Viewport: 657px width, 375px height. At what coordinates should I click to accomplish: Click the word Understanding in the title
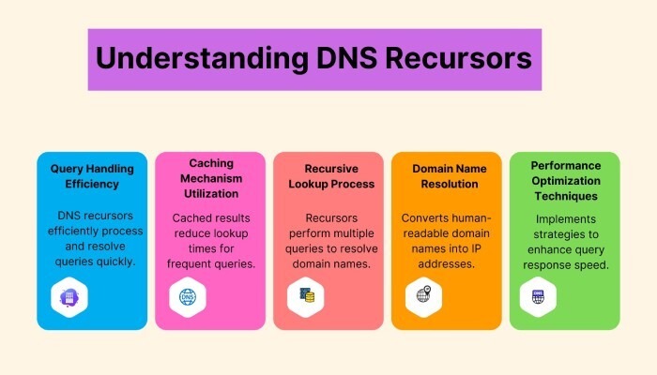tap(203, 58)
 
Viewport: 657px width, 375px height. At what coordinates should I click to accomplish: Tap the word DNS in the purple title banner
tap(347, 58)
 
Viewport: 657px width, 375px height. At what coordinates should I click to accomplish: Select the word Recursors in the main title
tap(458, 58)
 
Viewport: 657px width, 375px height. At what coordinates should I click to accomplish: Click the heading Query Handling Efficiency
tap(92, 176)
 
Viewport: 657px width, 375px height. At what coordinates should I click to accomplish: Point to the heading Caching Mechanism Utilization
tap(211, 178)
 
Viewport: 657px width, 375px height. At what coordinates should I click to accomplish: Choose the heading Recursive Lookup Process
tap(331, 176)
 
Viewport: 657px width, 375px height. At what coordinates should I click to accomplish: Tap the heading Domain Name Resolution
tap(450, 176)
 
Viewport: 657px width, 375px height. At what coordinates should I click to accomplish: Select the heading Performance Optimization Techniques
tap(566, 181)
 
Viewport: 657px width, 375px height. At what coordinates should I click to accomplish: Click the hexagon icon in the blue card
tap(69, 297)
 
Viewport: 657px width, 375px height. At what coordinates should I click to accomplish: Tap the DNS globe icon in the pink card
tap(188, 297)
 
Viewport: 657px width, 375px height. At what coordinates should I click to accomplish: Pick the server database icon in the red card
tap(306, 297)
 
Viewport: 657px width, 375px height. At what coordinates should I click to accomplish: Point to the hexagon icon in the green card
tap(539, 297)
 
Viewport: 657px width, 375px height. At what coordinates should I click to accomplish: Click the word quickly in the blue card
tap(115, 262)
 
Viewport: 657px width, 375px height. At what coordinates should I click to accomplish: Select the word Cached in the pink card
tap(190, 218)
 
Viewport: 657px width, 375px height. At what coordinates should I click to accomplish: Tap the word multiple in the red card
tap(354, 233)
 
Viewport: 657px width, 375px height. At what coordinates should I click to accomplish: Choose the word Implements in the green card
tap(566, 219)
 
